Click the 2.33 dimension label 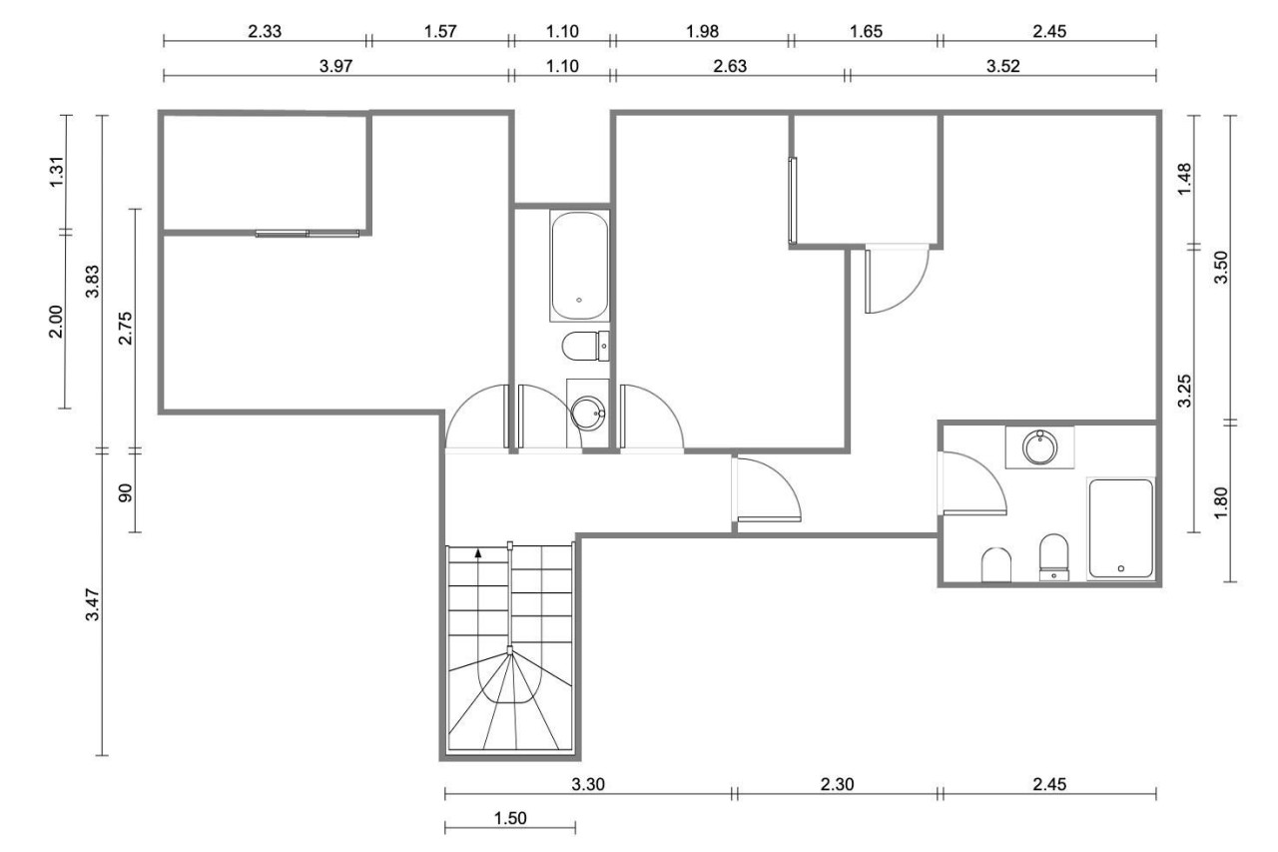pyautogui.click(x=265, y=31)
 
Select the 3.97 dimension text pyautogui.click(x=335, y=66)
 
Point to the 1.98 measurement pyautogui.click(x=702, y=31)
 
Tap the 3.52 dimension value pyautogui.click(x=1003, y=66)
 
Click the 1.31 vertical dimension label pyautogui.click(x=57, y=171)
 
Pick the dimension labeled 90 pyautogui.click(x=125, y=492)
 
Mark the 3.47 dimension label pyautogui.click(x=92, y=605)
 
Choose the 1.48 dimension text pyautogui.click(x=1184, y=179)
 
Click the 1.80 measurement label pyautogui.click(x=1220, y=502)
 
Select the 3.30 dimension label pyautogui.click(x=588, y=785)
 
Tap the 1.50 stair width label pyautogui.click(x=510, y=819)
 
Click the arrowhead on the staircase pyautogui.click(x=478, y=553)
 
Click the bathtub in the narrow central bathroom pyautogui.click(x=580, y=266)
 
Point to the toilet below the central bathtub pyautogui.click(x=585, y=346)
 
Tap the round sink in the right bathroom pyautogui.click(x=1039, y=446)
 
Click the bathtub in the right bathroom pyautogui.click(x=1120, y=528)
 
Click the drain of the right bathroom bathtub pyautogui.click(x=1121, y=568)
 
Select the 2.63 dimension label pyautogui.click(x=730, y=66)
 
